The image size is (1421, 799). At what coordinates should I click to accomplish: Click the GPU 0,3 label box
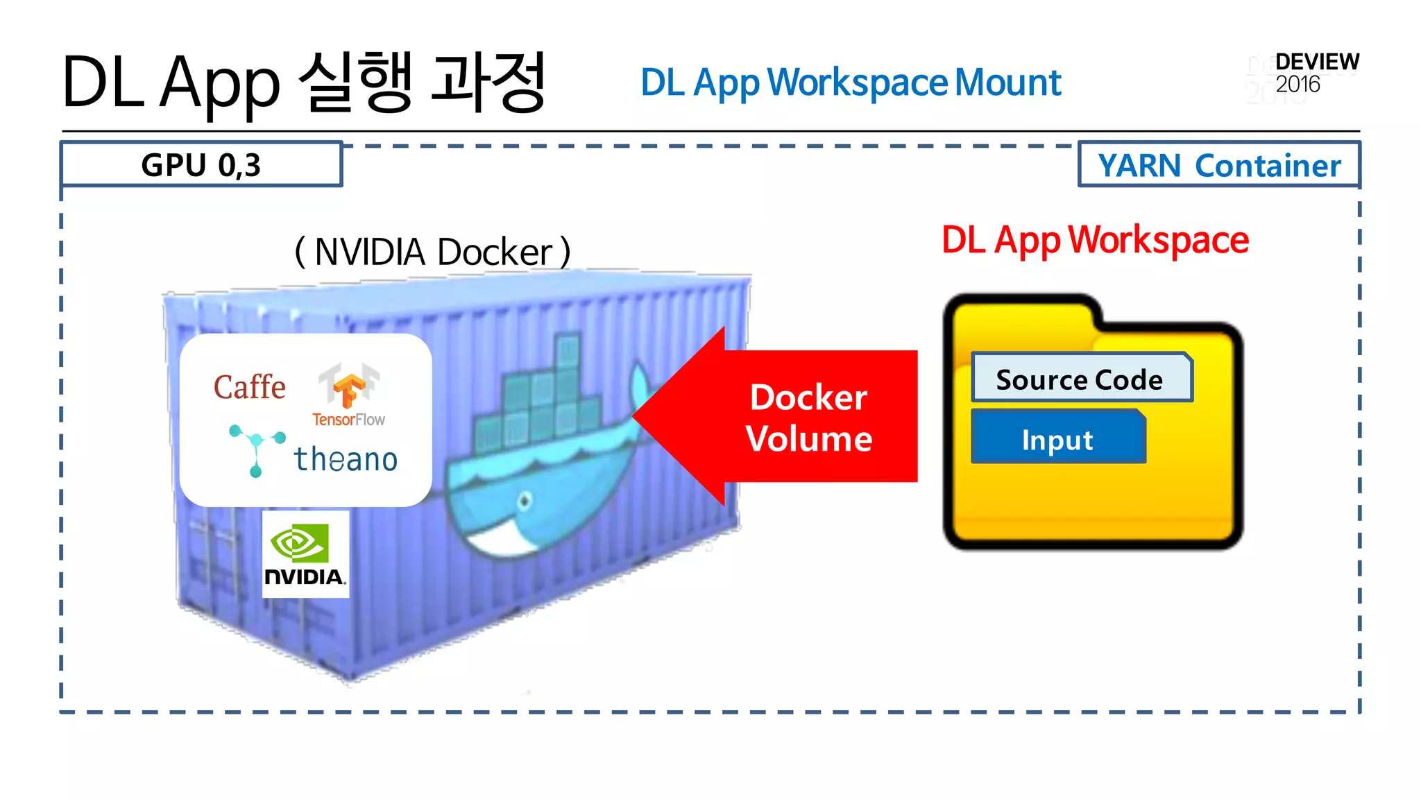coord(201,164)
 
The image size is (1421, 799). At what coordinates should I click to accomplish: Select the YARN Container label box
coord(1219,165)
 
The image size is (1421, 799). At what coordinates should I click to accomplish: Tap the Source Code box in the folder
coord(1080,379)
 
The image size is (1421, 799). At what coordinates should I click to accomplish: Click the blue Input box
coord(1057,439)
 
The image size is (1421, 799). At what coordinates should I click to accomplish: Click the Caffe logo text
coord(249,387)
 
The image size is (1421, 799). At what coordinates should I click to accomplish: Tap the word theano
coord(345,459)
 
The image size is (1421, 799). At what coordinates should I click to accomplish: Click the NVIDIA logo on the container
coord(305,554)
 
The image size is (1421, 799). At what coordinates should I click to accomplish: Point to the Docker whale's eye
coord(525,500)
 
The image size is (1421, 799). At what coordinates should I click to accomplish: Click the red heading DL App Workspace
coord(1095,240)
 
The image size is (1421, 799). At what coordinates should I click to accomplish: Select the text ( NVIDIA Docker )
coord(433,251)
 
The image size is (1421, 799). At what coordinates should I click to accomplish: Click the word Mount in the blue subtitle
coord(1007,83)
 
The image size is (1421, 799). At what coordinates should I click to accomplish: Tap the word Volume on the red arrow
coord(809,438)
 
